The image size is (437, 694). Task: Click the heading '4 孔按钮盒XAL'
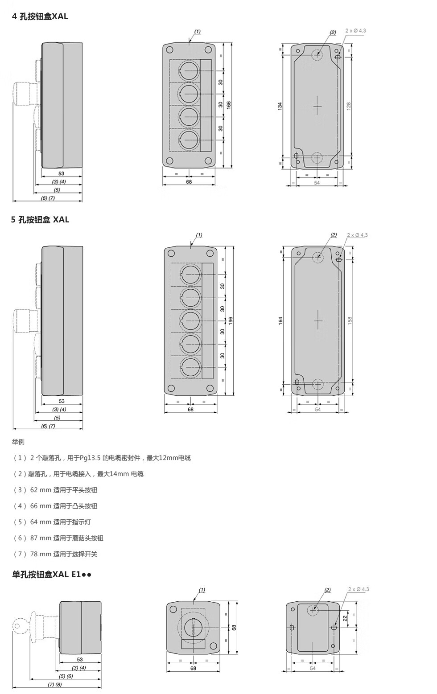pos(40,16)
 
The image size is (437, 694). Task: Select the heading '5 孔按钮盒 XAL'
pos(40,219)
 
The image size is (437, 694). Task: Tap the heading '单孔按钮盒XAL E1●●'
pos(51,575)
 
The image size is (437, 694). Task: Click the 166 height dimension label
pos(229,105)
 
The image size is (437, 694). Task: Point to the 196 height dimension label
pos(231,320)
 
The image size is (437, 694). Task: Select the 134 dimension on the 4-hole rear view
pos(280,106)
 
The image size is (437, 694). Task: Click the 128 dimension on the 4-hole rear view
pos(349,106)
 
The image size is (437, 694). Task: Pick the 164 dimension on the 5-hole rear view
pos(280,320)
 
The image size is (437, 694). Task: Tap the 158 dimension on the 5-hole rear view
pos(350,320)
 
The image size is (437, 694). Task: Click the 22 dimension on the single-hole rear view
pos(345,618)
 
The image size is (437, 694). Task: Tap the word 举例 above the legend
pos(18,442)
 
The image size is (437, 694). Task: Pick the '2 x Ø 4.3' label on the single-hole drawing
pos(359,589)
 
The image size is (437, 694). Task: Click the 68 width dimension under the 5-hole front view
pos(190,409)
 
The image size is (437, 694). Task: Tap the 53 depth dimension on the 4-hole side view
pos(61,173)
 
